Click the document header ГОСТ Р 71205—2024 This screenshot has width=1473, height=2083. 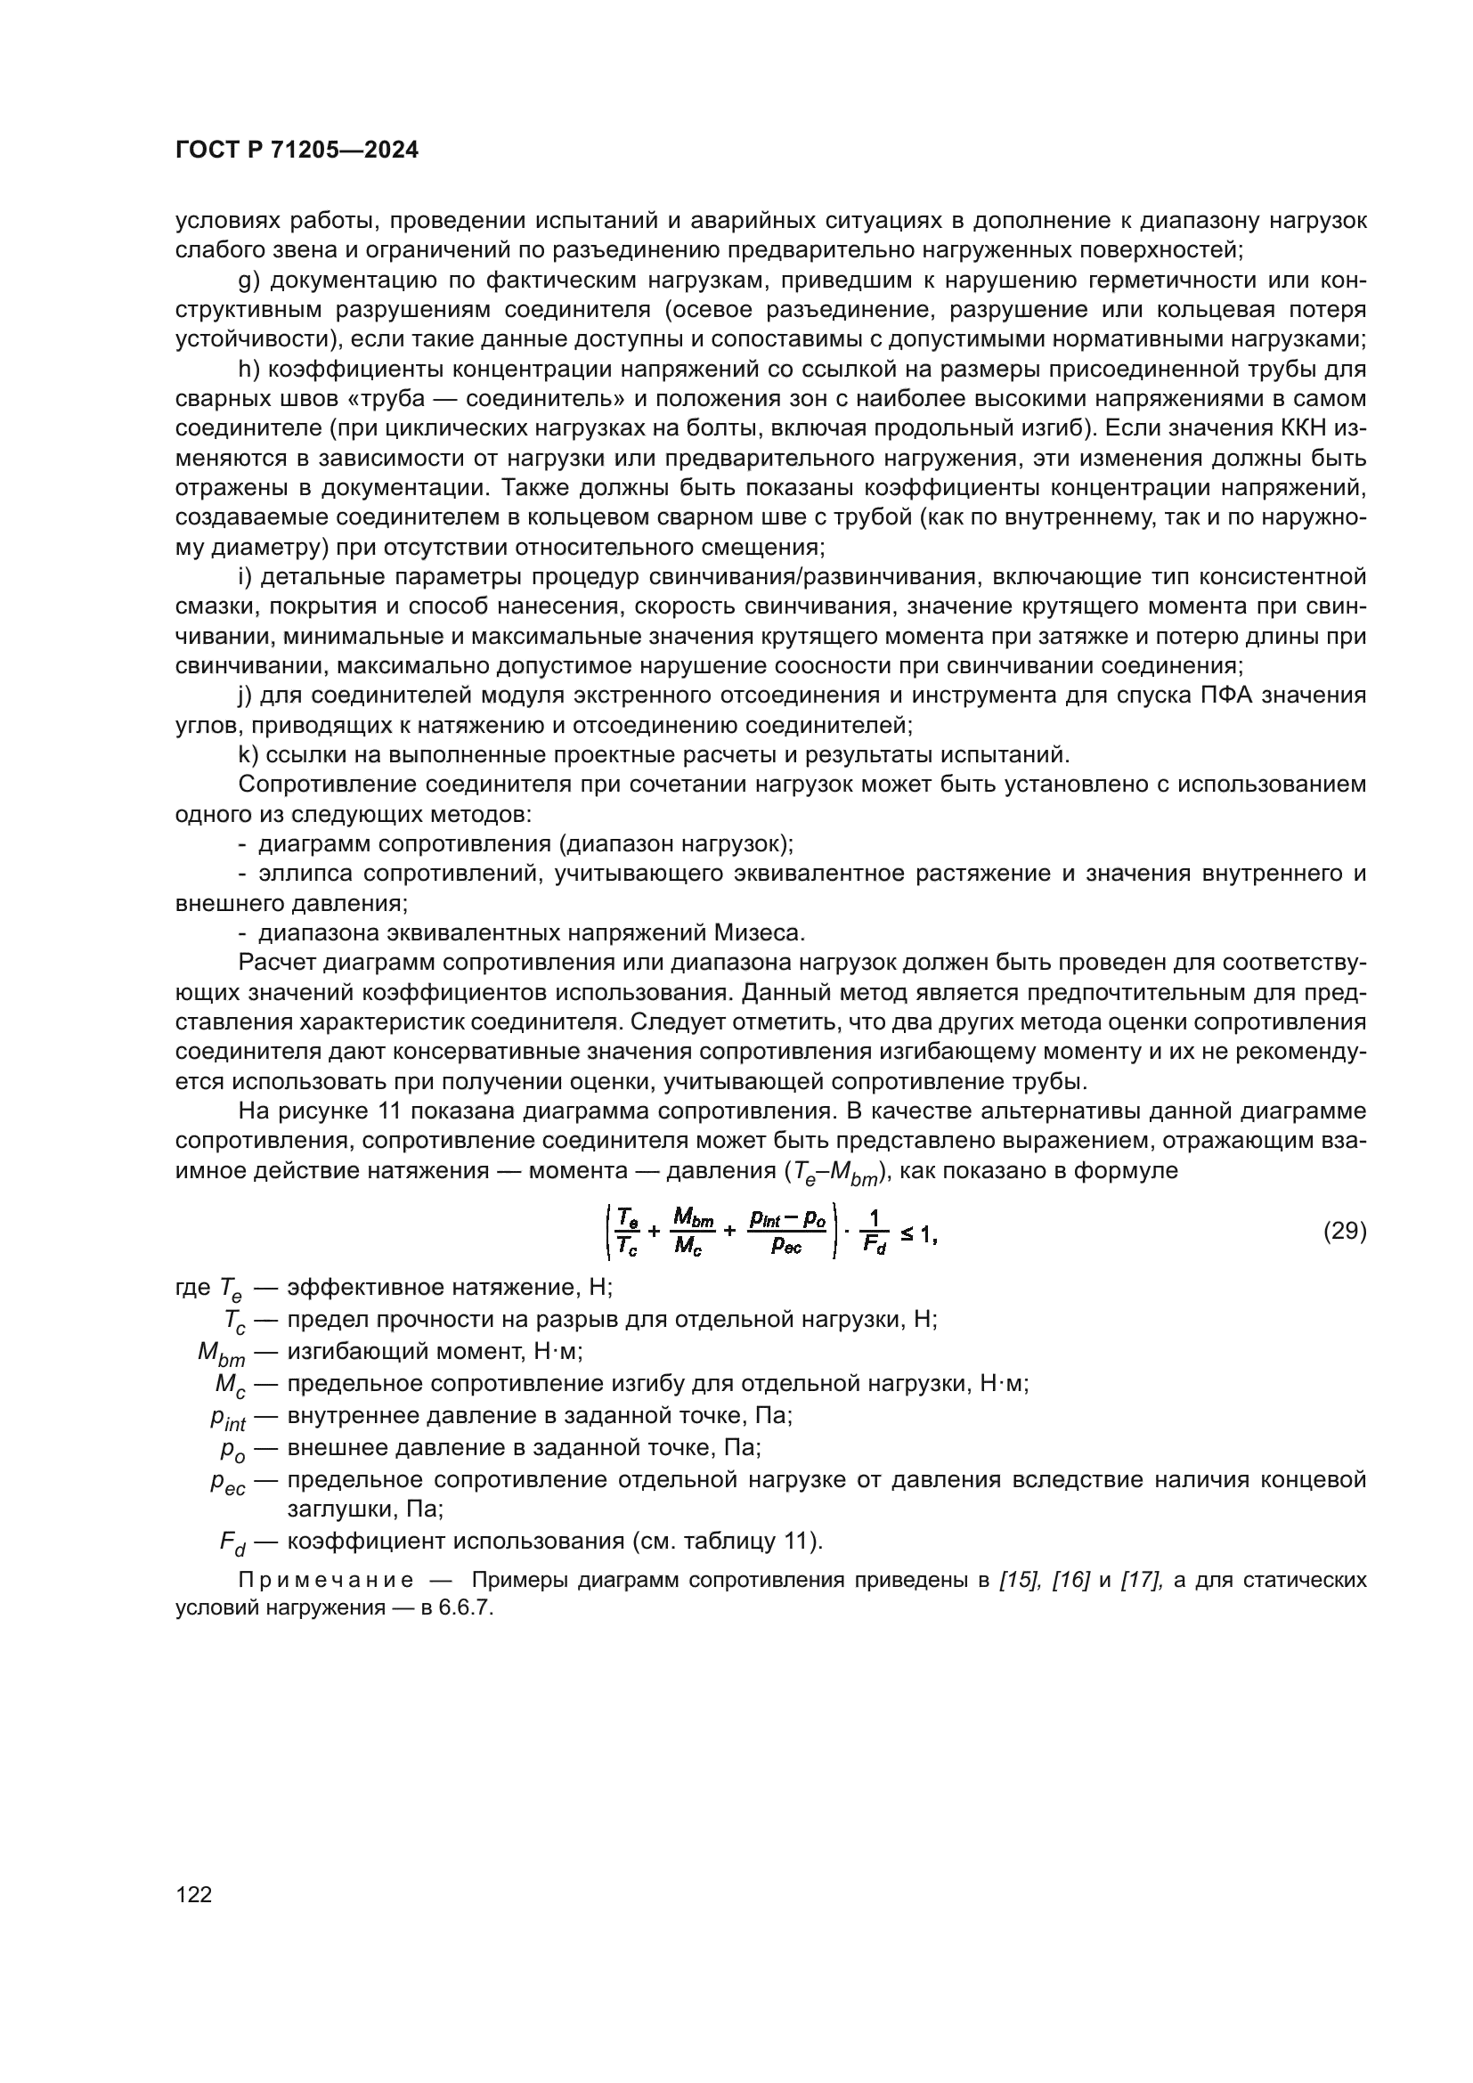[x=297, y=151]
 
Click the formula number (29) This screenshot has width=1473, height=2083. [x=1344, y=1231]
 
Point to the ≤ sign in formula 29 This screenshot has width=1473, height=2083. [x=906, y=1233]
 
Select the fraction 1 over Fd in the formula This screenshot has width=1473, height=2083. [x=875, y=1233]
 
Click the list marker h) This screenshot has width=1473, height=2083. [x=248, y=370]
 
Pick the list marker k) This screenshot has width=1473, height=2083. [x=248, y=755]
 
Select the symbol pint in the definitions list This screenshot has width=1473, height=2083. [x=228, y=1419]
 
